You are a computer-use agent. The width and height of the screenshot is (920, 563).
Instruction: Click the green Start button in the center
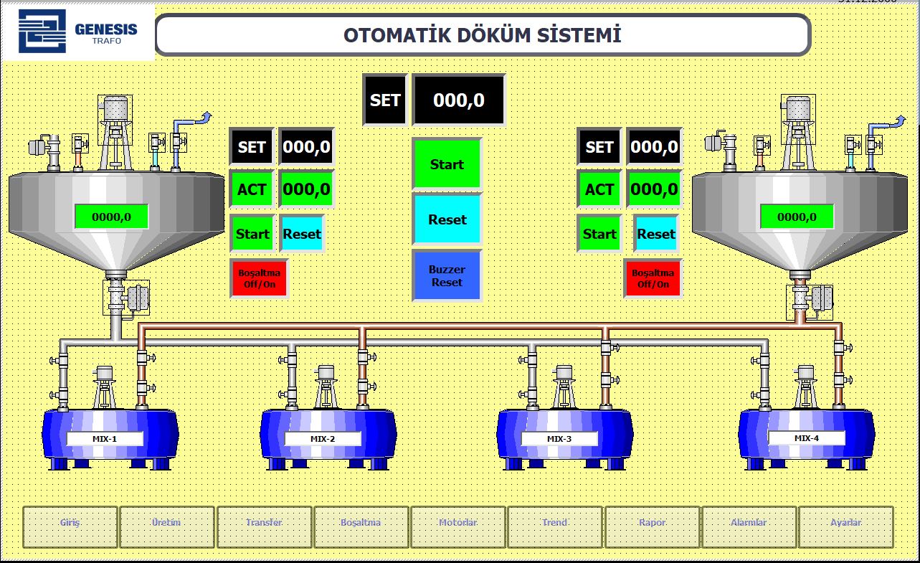pos(447,164)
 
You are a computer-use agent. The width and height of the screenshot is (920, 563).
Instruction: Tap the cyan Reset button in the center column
pos(447,219)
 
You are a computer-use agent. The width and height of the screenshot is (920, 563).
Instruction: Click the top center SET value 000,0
pos(459,100)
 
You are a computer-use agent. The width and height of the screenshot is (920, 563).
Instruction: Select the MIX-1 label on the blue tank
pos(105,439)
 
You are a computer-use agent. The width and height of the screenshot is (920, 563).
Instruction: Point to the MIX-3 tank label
pos(559,439)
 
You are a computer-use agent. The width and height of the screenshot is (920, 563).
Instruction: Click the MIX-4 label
pos(806,437)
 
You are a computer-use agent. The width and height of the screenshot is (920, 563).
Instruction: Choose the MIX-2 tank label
pos(323,439)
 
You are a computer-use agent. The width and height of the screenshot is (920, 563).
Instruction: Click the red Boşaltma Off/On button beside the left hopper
pos(260,278)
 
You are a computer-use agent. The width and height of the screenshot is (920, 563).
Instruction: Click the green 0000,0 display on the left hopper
pos(111,217)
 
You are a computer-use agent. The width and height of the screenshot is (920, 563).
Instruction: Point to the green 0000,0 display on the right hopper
pos(797,217)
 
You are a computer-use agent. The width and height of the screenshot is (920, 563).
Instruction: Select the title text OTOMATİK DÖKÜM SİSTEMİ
pos(482,35)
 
